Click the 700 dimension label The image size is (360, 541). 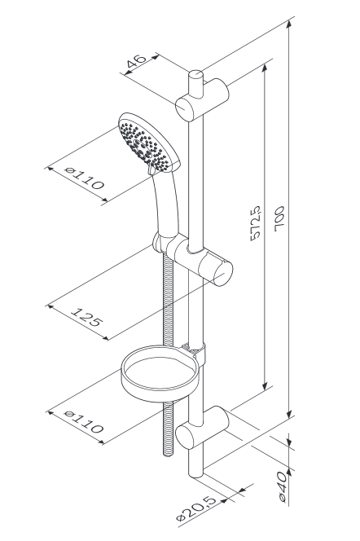click(x=279, y=218)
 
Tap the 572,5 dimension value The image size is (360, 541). click(x=256, y=223)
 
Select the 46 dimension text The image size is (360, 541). click(x=136, y=62)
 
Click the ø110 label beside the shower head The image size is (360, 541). click(x=85, y=178)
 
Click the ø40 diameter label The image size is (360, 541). click(x=282, y=486)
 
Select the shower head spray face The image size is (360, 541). click(x=145, y=146)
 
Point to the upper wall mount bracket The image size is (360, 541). click(x=203, y=99)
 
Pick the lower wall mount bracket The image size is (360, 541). click(x=203, y=427)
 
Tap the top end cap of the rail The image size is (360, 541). click(x=195, y=74)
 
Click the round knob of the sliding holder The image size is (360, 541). click(x=222, y=273)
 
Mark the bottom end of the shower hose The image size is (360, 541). click(x=168, y=454)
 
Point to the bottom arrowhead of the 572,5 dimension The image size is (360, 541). click(x=265, y=385)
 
